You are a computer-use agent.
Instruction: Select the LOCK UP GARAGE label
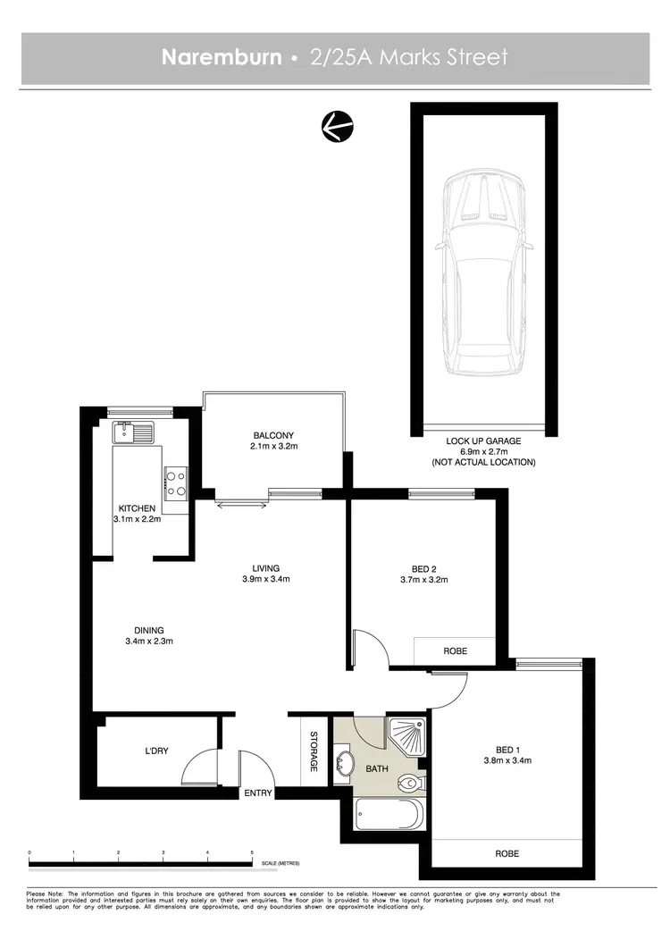click(483, 441)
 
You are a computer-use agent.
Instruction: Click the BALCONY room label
click(273, 436)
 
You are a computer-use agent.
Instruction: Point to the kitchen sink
click(134, 433)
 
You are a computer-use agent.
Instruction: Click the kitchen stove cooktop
click(175, 482)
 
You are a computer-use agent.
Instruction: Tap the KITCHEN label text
click(137, 508)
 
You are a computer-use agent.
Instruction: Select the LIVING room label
click(265, 568)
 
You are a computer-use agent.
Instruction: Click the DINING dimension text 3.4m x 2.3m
click(148, 641)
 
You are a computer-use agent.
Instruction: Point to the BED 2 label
click(424, 568)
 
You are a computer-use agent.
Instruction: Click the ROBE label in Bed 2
click(454, 651)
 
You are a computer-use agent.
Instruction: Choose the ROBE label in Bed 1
click(507, 854)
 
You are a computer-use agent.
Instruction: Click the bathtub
click(387, 816)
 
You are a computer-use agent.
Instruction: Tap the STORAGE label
click(314, 752)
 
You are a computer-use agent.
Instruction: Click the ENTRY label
click(257, 793)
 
